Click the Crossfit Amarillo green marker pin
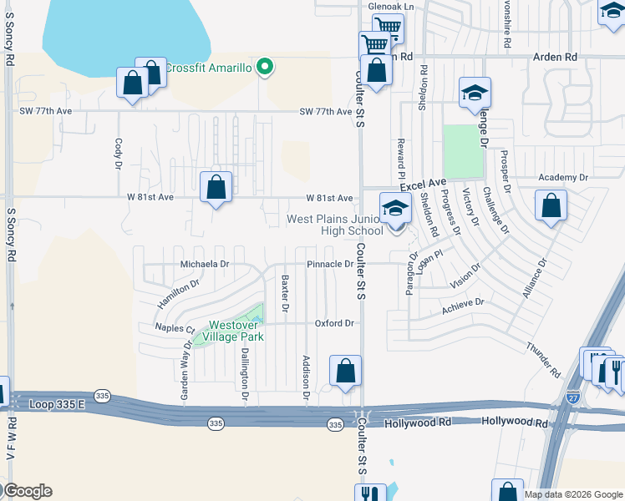(x=265, y=67)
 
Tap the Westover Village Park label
(x=236, y=331)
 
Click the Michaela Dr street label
(x=205, y=264)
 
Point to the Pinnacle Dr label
(x=329, y=264)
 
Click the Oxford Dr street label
(x=334, y=323)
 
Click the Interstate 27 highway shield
(x=573, y=398)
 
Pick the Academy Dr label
(x=563, y=178)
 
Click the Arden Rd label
(x=555, y=57)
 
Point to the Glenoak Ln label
(x=391, y=7)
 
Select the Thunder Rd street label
(x=544, y=359)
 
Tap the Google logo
(x=28, y=491)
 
